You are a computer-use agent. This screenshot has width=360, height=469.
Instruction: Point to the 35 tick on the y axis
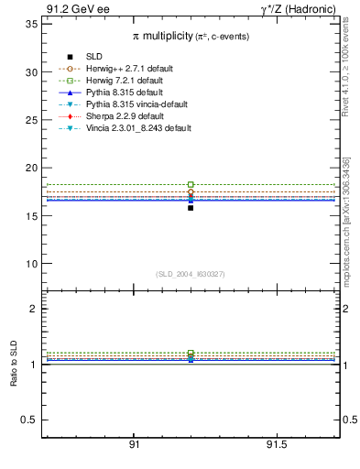(32, 24)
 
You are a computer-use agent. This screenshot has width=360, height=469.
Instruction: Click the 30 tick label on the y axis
(32, 72)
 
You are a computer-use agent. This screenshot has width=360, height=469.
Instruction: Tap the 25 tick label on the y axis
(32, 120)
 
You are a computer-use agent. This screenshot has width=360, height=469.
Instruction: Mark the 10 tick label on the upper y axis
(32, 264)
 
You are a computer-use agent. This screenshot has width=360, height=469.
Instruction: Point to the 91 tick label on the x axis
(134, 444)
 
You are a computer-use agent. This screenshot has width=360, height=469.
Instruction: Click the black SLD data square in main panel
(191, 208)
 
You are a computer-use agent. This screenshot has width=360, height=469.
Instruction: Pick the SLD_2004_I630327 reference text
(190, 274)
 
